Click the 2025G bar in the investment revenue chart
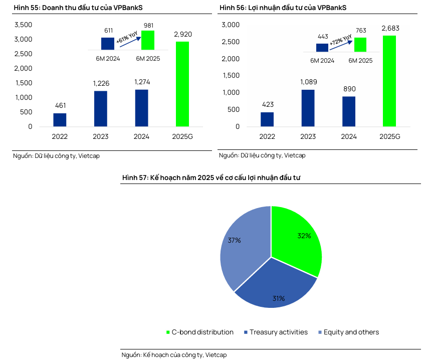click(182, 84)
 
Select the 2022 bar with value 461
click(60, 120)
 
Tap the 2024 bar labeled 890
click(349, 111)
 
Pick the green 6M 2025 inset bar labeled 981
click(147, 40)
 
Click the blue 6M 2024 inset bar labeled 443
click(322, 48)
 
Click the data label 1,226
click(101, 83)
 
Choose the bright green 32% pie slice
click(298, 238)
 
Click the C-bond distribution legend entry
click(199, 332)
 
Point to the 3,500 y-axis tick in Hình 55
click(24, 25)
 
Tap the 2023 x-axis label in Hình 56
click(308, 136)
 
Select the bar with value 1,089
click(308, 108)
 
